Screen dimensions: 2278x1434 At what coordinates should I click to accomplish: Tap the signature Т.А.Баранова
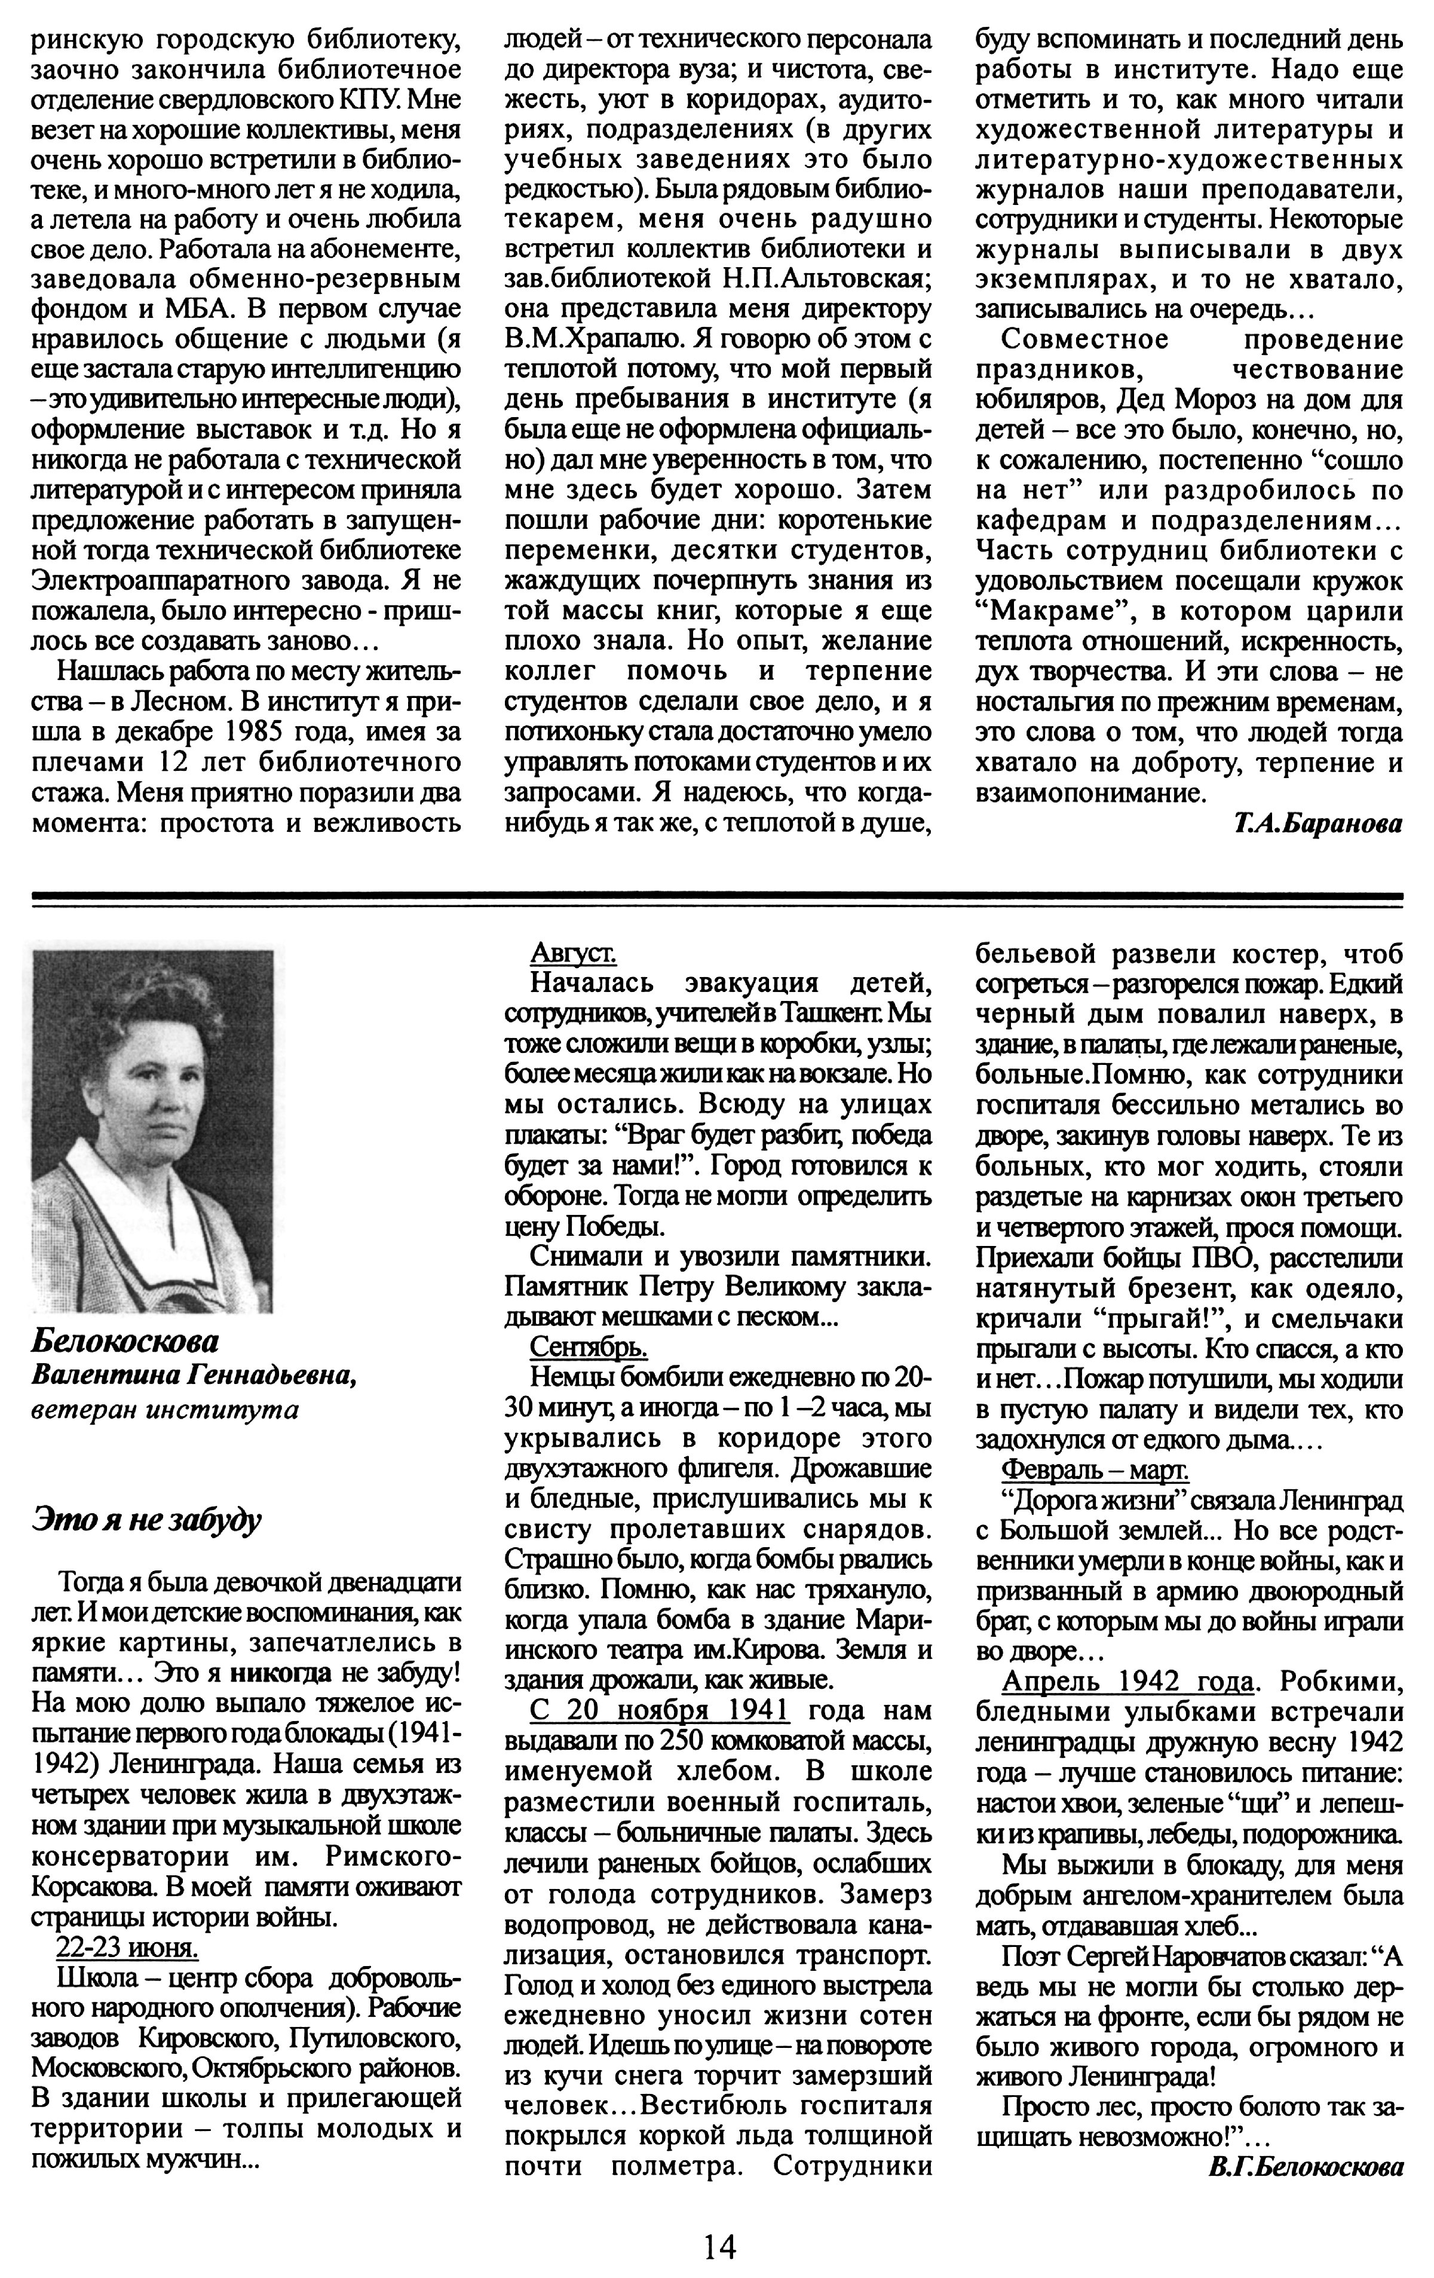click(x=1317, y=824)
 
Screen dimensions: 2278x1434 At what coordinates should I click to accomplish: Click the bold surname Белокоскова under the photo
click(x=125, y=1340)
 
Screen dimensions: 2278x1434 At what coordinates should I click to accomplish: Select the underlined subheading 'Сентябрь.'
click(x=589, y=1346)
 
